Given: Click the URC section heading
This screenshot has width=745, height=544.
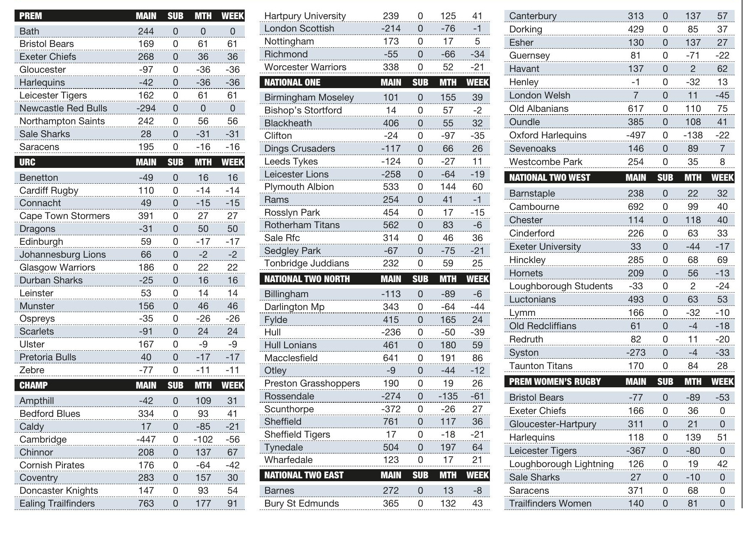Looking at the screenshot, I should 27,162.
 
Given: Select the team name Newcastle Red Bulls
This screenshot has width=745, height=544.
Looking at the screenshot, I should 63,108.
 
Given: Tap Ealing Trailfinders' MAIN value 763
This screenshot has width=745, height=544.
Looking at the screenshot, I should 146,503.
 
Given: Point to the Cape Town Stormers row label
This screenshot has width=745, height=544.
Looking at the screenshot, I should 64,216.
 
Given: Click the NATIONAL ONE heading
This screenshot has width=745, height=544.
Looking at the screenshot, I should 292,82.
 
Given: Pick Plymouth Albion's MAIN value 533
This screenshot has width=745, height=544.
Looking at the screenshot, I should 391,187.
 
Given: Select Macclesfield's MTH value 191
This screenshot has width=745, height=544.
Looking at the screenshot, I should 448,358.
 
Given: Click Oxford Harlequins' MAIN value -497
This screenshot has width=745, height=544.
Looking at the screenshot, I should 635,135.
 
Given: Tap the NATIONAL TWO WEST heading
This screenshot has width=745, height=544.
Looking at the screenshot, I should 549,177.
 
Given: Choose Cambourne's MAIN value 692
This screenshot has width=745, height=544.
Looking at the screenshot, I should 636,207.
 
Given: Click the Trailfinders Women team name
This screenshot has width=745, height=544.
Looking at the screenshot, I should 550,503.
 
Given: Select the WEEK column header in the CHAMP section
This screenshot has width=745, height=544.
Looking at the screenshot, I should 232,385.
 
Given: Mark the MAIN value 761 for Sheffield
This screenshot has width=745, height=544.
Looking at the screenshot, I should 391,421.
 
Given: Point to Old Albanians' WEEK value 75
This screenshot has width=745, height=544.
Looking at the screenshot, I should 722,108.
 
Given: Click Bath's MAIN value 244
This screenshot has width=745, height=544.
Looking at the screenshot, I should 146,31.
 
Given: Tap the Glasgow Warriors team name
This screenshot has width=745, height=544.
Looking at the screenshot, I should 57,267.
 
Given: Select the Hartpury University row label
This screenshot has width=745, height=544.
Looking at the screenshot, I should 305,16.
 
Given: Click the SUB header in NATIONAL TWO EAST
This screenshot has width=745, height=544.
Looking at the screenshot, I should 420,475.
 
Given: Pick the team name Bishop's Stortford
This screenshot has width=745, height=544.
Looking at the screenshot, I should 303,110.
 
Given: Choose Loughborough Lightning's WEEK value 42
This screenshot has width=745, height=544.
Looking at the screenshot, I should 722,464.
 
